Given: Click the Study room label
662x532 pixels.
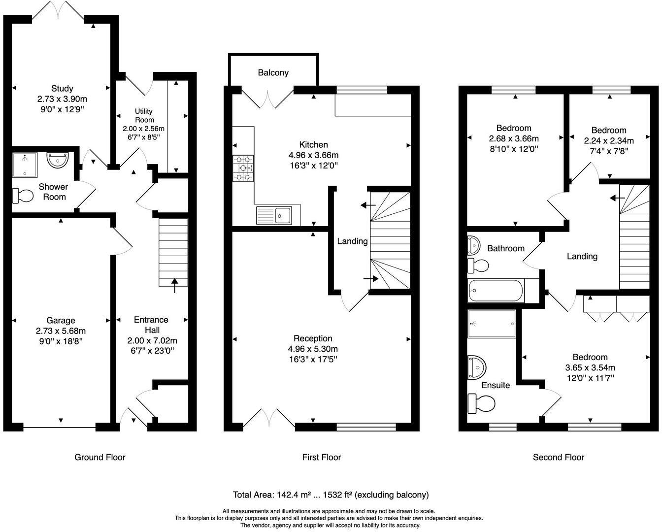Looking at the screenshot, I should click(62, 89).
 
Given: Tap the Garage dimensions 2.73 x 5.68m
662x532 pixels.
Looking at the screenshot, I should click(61, 331).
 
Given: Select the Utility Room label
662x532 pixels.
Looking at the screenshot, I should click(144, 116).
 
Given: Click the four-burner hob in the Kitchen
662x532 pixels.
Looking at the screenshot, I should click(243, 168).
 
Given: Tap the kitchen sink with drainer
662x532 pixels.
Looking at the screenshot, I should click(274, 215).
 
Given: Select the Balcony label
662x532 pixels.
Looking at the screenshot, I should click(273, 73).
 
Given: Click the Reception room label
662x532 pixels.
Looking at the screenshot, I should click(313, 338).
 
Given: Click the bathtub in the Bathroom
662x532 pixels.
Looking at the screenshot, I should click(496, 291).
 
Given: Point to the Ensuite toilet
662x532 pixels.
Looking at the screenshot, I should click(481, 404).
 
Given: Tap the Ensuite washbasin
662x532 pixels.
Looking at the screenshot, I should click(477, 366).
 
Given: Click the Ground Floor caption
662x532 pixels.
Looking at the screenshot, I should click(100, 457).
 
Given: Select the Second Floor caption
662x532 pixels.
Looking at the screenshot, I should click(559, 457).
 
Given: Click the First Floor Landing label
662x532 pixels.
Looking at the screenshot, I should click(352, 241).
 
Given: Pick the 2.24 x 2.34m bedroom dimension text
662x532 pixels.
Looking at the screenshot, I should click(609, 140).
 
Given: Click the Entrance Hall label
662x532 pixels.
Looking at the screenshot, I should click(151, 325).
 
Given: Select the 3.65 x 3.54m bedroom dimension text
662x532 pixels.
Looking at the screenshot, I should click(590, 367).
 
